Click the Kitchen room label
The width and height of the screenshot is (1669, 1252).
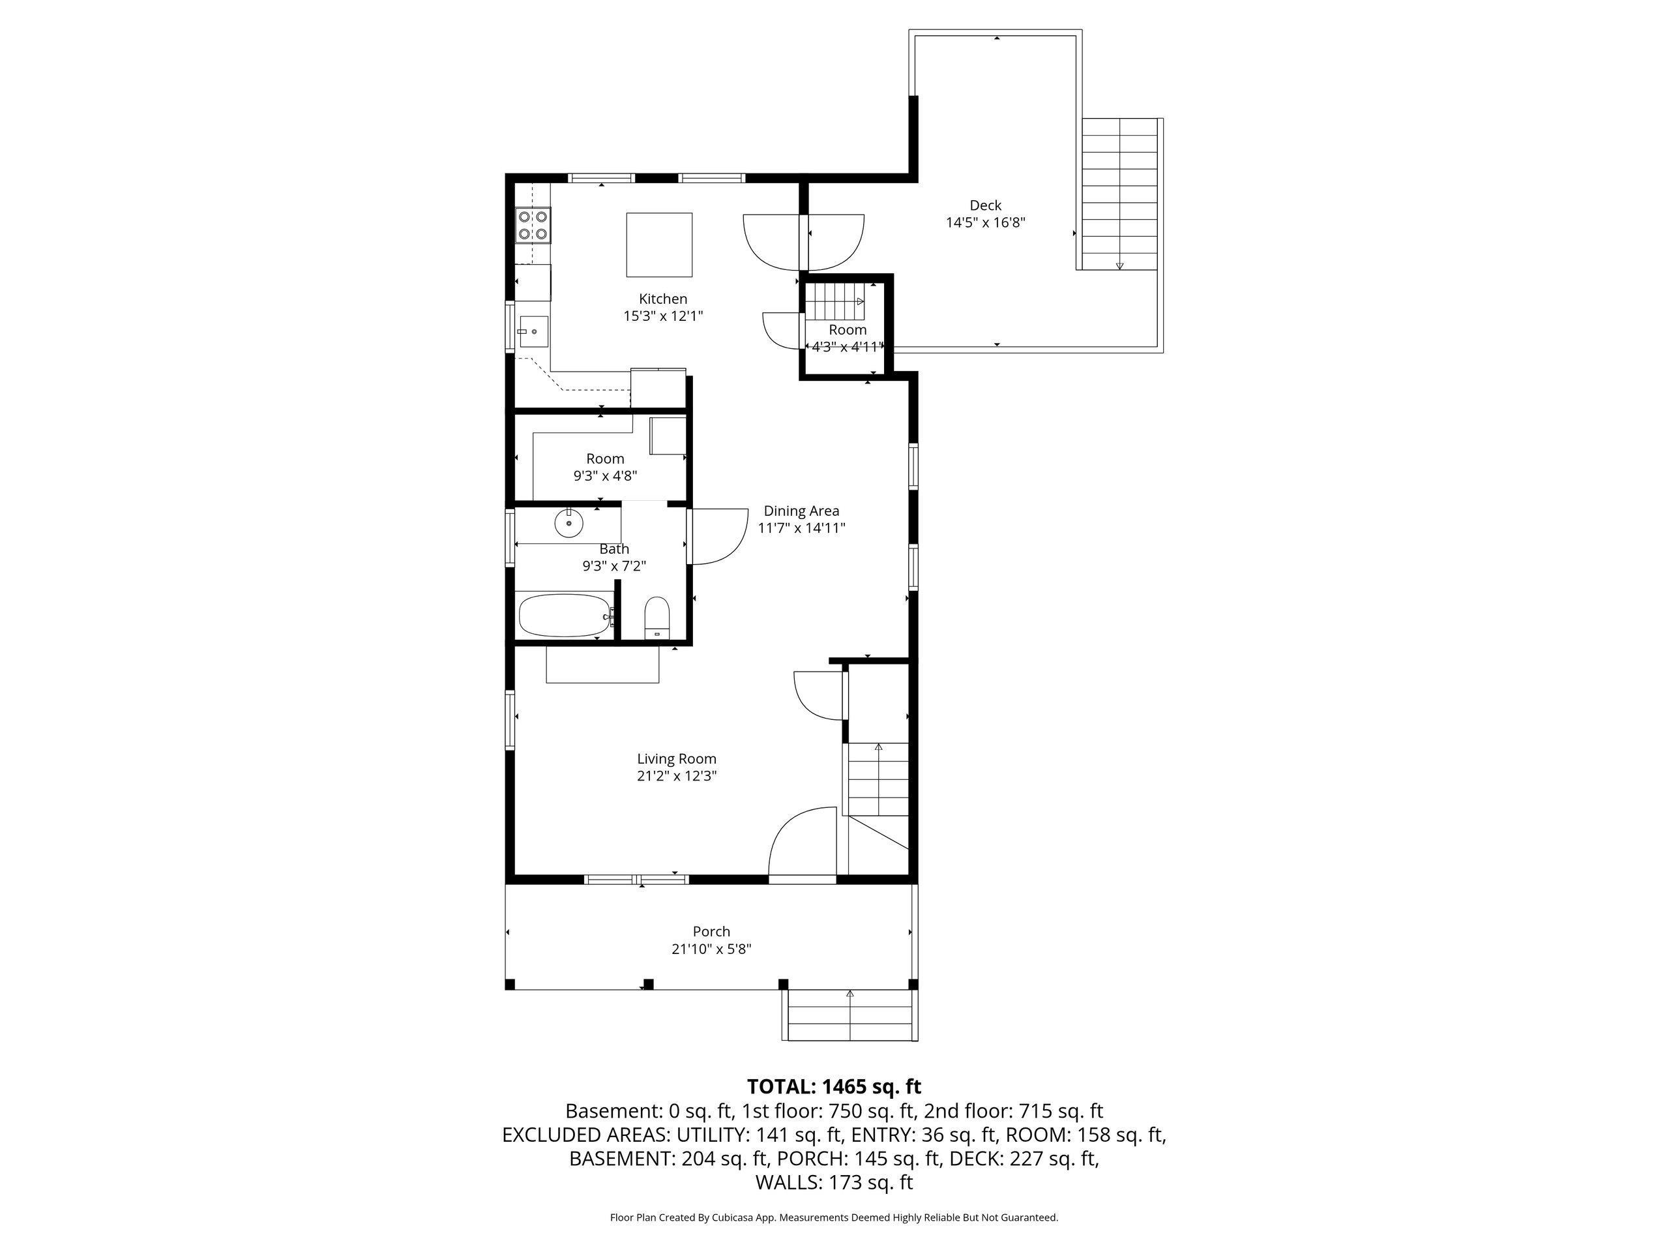tap(662, 299)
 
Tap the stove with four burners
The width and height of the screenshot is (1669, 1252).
tap(533, 225)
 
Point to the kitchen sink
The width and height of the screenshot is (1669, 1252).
tap(533, 331)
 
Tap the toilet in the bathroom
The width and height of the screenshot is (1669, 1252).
tap(657, 618)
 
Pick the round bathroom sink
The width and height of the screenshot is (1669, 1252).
tap(569, 522)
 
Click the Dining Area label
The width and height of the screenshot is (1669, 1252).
tap(801, 511)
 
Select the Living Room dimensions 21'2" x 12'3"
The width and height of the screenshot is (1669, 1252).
tap(677, 776)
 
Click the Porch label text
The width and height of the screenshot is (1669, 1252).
tap(711, 931)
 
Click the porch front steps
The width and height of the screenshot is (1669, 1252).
tap(850, 1015)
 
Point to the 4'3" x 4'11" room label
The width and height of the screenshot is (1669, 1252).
tap(848, 347)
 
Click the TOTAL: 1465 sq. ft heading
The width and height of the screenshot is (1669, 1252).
tap(834, 1087)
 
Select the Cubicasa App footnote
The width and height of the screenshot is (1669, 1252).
tap(834, 1217)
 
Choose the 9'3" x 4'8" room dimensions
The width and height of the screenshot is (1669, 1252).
tap(605, 476)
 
